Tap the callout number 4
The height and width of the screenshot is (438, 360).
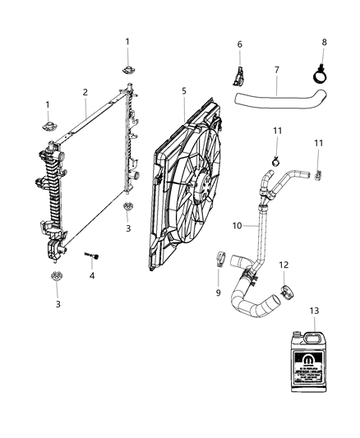(x=91, y=276)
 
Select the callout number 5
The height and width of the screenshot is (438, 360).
(x=184, y=91)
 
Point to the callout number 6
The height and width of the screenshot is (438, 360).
(x=240, y=44)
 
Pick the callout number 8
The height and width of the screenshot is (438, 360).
(x=324, y=42)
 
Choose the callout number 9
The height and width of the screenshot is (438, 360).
(x=219, y=293)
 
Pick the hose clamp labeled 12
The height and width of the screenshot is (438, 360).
(x=288, y=289)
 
